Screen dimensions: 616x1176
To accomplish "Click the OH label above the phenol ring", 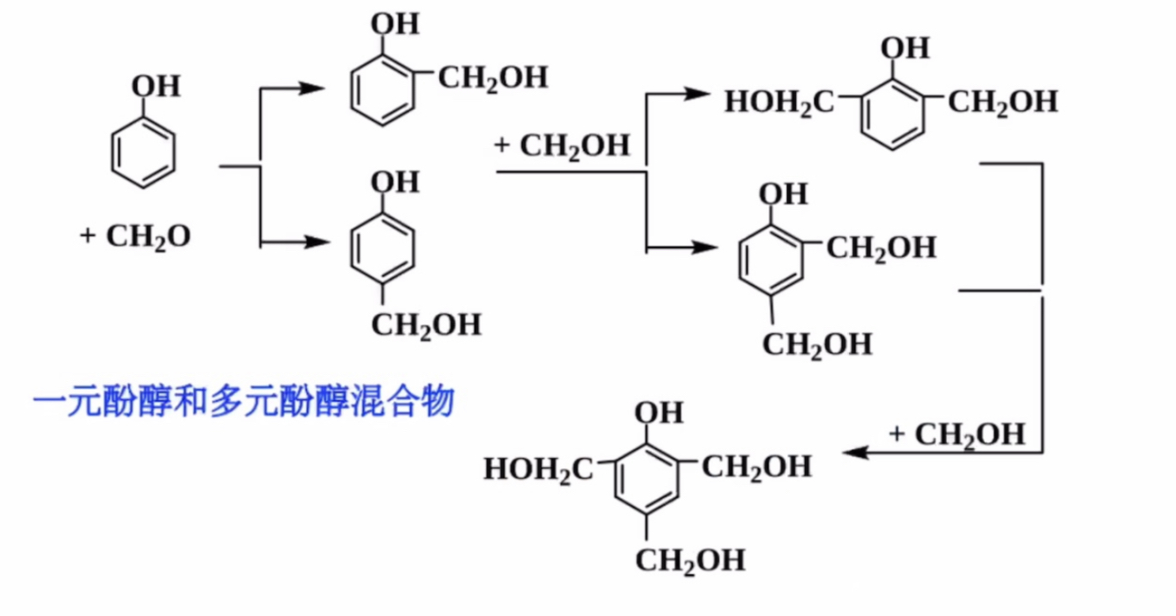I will pyautogui.click(x=156, y=86).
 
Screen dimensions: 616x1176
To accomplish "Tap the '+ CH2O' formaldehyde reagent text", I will pyautogui.click(x=135, y=236).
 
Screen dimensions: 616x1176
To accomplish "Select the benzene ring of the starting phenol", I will pyautogui.click(x=143, y=154).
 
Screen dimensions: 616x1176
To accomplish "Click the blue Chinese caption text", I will pyautogui.click(x=243, y=402).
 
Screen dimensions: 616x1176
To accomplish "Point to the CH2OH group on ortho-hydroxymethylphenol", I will pyautogui.click(x=493, y=77).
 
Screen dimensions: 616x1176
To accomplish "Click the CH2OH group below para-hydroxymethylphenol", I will pyautogui.click(x=427, y=325).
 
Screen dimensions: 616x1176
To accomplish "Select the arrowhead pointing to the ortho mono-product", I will pyautogui.click(x=311, y=88).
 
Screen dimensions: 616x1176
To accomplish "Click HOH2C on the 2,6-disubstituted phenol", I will pyautogui.click(x=779, y=102).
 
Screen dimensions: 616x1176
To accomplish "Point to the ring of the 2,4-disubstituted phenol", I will pyautogui.click(x=771, y=257).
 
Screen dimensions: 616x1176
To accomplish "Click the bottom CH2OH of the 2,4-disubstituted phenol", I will pyautogui.click(x=817, y=344).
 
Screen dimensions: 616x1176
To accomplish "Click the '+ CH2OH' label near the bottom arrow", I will pyautogui.click(x=957, y=434).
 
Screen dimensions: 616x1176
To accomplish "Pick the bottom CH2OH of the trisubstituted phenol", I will pyautogui.click(x=690, y=561).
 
